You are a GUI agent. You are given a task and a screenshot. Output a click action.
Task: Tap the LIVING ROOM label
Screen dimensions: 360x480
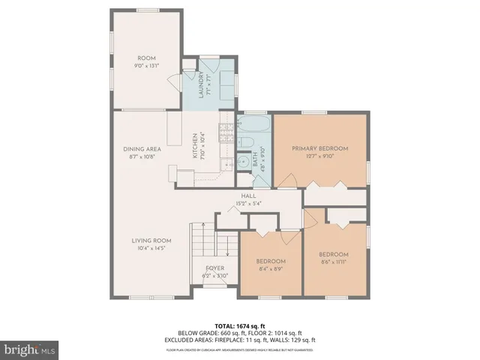151,240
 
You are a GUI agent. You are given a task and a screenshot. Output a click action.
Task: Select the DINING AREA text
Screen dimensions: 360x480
142,148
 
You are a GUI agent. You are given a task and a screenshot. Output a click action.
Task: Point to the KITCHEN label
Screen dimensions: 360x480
194,144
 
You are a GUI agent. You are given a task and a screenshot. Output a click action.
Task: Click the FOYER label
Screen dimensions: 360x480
215,268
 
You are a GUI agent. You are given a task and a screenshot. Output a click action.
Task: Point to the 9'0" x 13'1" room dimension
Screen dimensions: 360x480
145,65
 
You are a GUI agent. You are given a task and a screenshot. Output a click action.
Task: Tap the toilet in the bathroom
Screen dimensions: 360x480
245,142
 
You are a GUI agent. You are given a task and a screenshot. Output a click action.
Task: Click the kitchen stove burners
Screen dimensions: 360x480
224,133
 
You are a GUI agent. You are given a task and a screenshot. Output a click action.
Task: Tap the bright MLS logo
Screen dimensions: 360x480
31,349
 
